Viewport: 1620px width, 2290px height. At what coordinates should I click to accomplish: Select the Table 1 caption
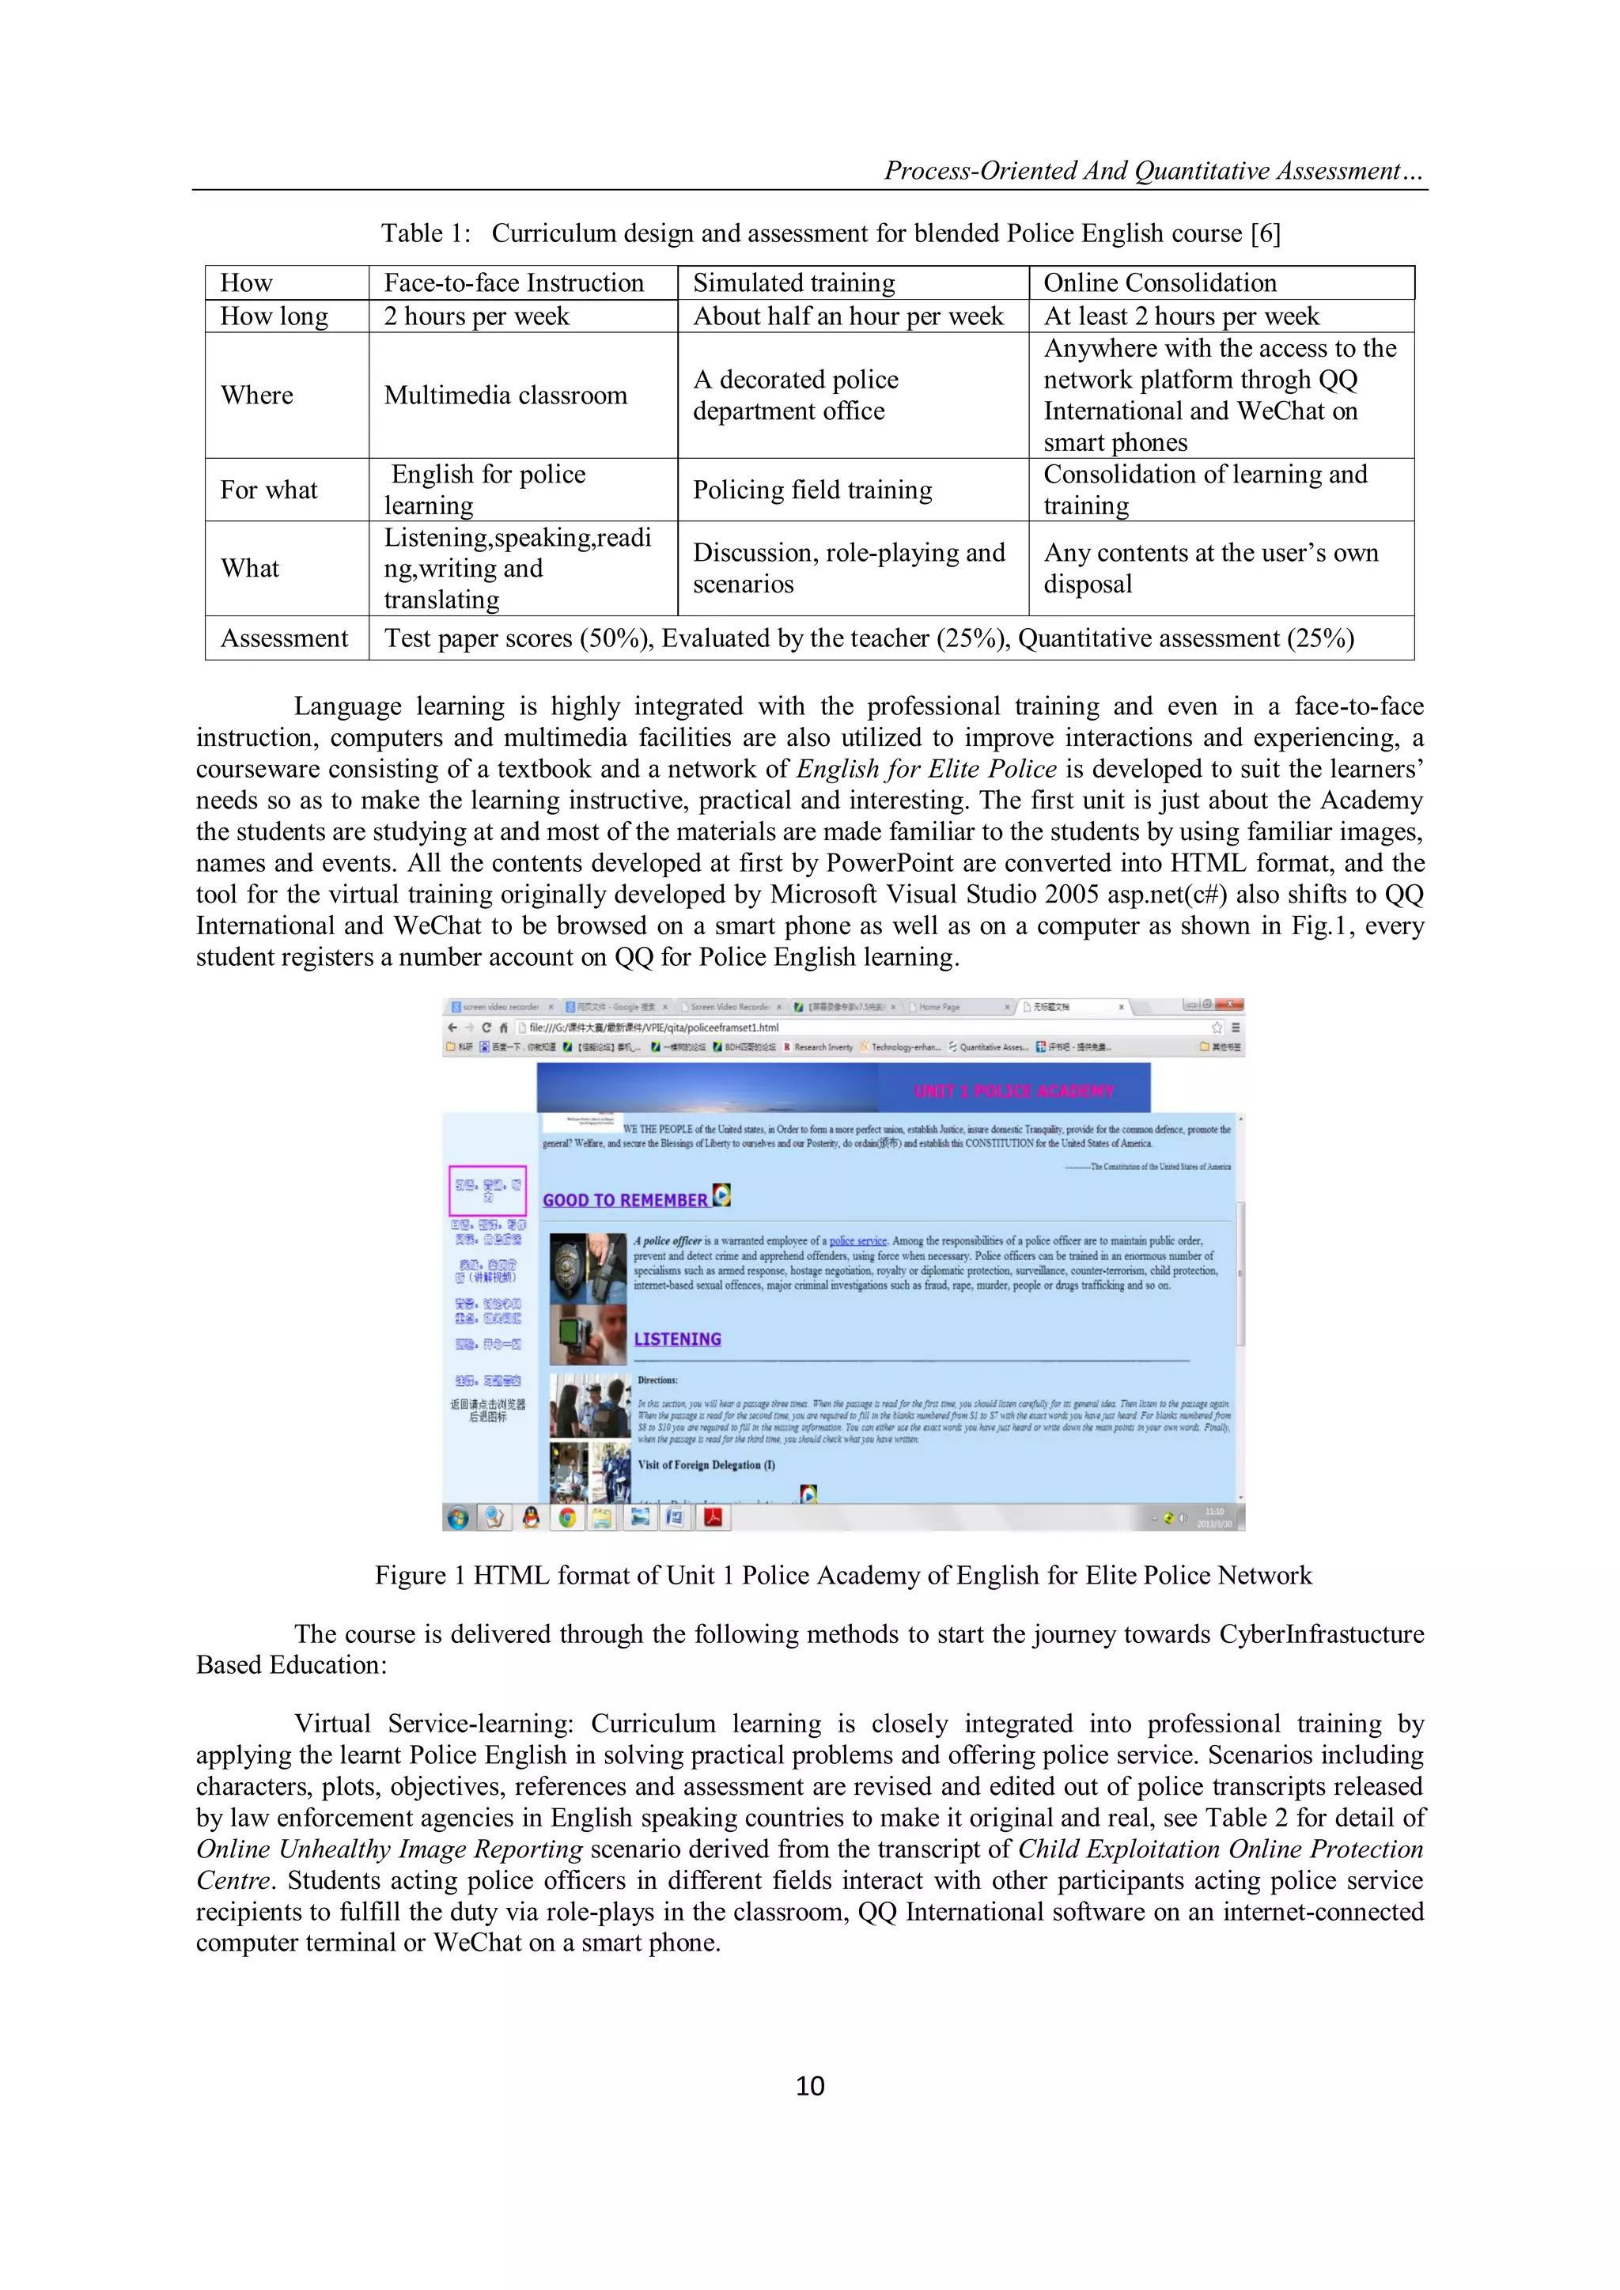point(830,233)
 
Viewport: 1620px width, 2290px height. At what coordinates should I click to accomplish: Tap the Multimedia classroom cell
point(505,395)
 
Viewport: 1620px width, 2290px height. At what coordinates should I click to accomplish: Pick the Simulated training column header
point(794,283)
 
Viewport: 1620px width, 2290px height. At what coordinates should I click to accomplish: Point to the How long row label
point(274,316)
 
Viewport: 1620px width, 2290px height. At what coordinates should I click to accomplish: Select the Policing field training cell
point(812,490)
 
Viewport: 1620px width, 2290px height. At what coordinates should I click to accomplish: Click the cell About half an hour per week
point(848,316)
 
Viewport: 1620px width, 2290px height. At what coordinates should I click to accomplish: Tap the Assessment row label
point(284,638)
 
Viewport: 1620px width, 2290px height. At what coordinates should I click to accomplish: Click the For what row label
point(268,490)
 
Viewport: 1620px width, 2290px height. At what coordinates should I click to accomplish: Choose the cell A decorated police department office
point(795,395)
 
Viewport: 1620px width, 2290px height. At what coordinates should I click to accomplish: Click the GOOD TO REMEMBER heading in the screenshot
point(626,1200)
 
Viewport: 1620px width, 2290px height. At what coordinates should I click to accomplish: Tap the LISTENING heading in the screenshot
point(677,1338)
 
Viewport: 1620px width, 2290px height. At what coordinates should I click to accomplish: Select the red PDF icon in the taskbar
point(714,1517)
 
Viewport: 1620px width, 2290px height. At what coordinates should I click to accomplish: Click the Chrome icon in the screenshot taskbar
point(566,1517)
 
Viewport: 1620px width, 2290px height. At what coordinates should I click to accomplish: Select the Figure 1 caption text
point(843,1575)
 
